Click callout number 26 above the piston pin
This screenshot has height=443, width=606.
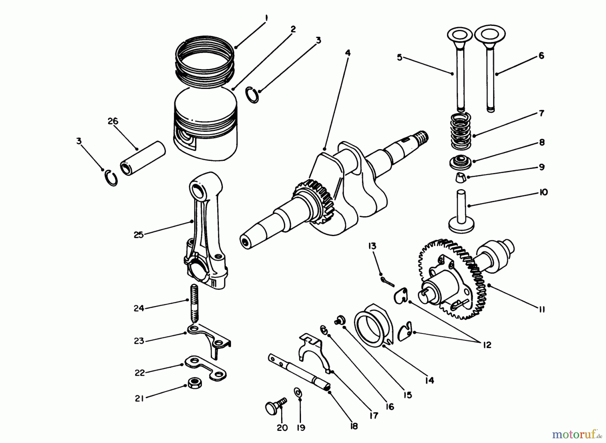tap(113, 121)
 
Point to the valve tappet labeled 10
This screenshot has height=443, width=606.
tap(462, 210)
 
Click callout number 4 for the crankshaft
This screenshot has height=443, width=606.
tap(348, 53)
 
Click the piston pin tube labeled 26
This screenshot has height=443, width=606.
tap(143, 158)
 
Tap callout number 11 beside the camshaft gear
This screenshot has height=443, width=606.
tap(541, 309)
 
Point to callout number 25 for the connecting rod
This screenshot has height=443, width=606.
tap(138, 235)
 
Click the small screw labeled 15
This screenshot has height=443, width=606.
tap(339, 320)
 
